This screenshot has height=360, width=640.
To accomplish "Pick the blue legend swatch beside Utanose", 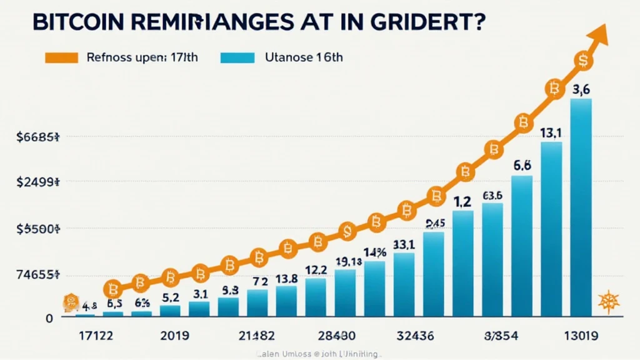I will click(237, 57).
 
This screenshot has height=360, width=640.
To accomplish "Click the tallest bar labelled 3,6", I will click(581, 206).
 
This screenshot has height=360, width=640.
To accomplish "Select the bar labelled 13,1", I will click(551, 228).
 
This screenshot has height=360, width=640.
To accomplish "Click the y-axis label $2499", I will click(37, 182).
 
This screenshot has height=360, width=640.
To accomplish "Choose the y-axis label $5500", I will click(37, 229).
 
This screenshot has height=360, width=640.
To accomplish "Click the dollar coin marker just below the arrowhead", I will click(584, 60).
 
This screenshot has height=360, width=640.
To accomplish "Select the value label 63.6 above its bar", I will click(492, 195).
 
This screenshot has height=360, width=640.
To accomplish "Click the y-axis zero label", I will click(48, 318).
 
